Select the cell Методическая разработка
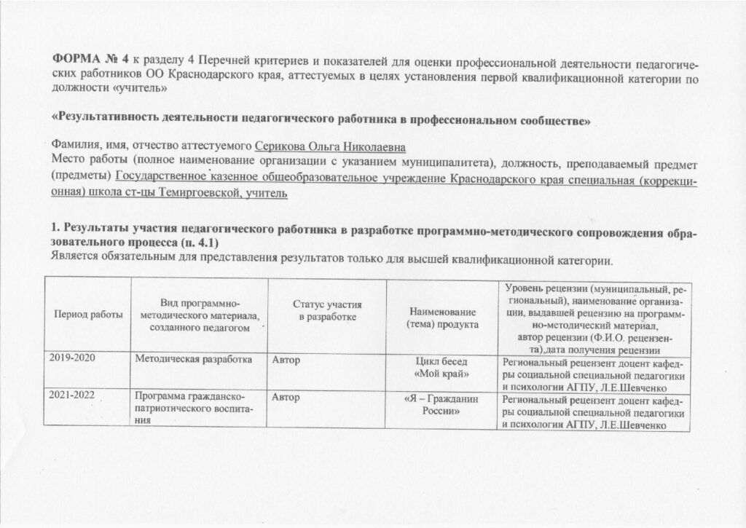[192, 359]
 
